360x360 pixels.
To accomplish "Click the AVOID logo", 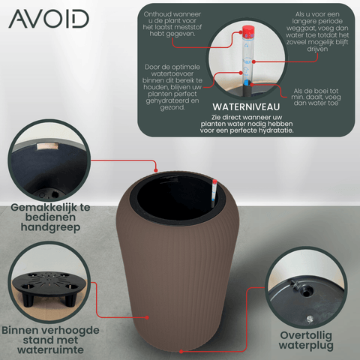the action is point(49,19).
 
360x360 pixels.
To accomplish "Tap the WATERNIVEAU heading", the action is point(246,107).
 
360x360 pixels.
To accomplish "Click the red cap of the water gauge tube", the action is point(248,31).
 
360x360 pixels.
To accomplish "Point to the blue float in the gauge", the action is point(247,83).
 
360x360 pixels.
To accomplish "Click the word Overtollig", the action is point(306,335).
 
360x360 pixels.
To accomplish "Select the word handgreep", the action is point(50,227).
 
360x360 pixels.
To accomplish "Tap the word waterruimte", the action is point(50,349).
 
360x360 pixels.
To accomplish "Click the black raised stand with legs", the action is point(49,286).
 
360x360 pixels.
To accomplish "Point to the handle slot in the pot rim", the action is point(47,146).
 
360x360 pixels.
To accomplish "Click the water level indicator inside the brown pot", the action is point(214,193).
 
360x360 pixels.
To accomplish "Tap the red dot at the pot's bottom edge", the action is point(181,352).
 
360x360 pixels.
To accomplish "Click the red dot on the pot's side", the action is point(147,317).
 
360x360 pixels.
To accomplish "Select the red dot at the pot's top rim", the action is point(156,170).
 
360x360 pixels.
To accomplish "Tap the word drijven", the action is point(317,49).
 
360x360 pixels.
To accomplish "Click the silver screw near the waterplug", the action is point(310,319).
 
